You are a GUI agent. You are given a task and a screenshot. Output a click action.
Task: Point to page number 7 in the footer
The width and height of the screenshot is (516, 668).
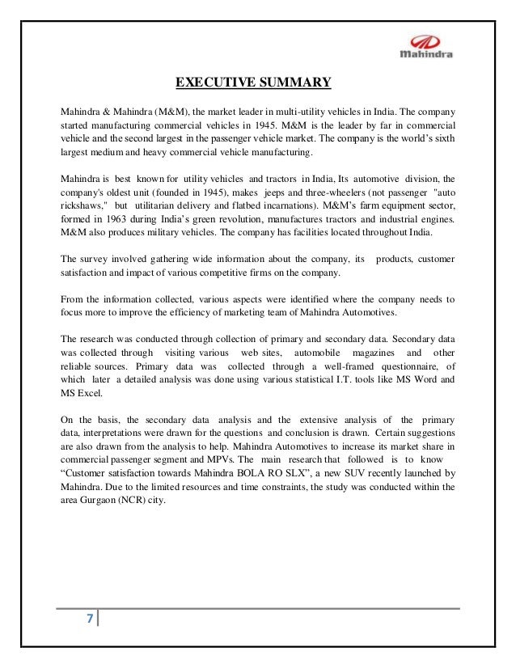[x=89, y=620]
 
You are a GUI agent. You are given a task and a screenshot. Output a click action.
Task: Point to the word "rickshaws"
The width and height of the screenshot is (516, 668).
[x=83, y=204]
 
